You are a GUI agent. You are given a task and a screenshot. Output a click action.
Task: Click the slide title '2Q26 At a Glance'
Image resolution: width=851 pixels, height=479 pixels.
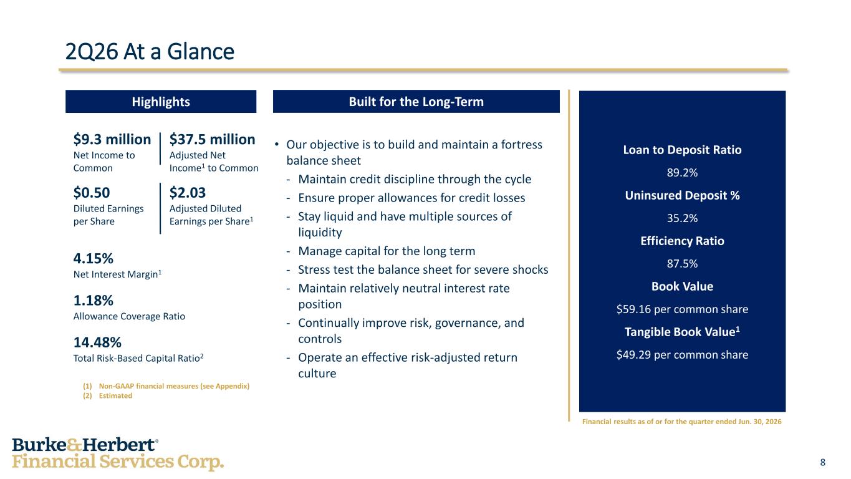tap(150, 52)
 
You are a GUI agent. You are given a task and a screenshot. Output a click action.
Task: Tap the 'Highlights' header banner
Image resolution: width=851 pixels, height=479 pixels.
tap(161, 102)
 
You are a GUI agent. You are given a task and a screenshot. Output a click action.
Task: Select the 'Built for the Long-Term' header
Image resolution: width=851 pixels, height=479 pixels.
tap(416, 102)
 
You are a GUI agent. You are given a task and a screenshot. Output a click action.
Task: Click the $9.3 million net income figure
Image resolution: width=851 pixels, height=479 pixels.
tap(112, 139)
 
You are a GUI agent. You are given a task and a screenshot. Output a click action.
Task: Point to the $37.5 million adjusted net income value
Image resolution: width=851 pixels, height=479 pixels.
tap(212, 139)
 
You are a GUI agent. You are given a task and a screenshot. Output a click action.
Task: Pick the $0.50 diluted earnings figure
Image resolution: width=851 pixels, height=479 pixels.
tap(92, 193)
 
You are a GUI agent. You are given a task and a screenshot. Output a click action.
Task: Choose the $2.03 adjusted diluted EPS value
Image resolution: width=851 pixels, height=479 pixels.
tap(187, 193)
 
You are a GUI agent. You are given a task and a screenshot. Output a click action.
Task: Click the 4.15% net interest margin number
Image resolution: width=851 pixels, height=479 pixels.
tap(93, 258)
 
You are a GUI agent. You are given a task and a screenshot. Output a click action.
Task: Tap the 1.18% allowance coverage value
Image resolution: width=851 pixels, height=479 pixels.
tap(93, 301)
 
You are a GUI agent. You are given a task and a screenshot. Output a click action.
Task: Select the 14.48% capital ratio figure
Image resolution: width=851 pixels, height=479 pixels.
tap(97, 342)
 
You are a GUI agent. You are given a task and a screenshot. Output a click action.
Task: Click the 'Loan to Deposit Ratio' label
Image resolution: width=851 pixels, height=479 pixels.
tap(682, 150)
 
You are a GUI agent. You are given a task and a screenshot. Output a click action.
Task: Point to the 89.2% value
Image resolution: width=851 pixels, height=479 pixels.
tap(682, 173)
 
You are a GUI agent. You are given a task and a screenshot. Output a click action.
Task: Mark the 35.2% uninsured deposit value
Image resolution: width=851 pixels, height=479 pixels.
tap(682, 218)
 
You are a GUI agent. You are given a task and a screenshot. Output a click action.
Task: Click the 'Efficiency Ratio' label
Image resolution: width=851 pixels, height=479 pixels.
tap(682, 241)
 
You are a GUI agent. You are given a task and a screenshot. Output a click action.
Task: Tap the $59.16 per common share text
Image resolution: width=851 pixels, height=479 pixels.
tap(682, 309)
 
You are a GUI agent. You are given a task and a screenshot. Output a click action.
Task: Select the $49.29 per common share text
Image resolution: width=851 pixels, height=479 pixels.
tap(682, 355)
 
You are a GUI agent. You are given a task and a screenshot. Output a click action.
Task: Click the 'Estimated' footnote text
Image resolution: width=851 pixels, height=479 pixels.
tap(115, 396)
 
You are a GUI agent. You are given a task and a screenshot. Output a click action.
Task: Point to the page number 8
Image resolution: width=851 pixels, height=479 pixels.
tap(823, 462)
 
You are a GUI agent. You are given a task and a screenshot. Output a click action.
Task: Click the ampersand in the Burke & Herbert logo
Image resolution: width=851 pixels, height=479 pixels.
tap(74, 445)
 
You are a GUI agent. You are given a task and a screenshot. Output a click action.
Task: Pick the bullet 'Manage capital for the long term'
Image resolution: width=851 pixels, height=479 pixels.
tap(387, 251)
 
